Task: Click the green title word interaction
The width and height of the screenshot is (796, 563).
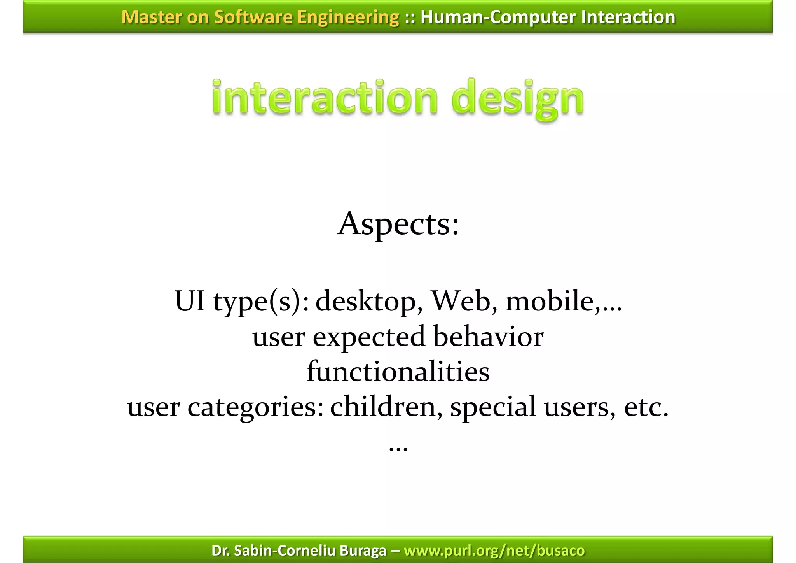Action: [325, 97]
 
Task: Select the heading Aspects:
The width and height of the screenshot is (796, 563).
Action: [398, 224]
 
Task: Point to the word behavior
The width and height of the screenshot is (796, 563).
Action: [488, 337]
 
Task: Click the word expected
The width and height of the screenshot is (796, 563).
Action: [368, 337]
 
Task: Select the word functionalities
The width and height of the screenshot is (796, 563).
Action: [398, 371]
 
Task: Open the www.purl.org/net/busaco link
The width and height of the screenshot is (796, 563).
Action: [494, 551]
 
